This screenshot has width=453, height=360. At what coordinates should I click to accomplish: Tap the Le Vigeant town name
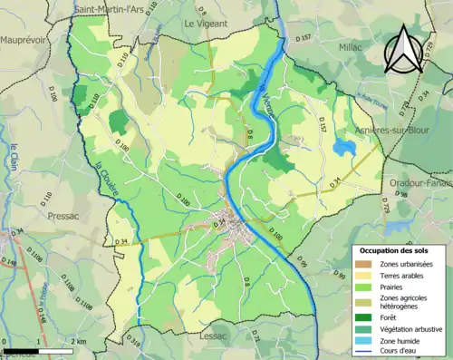[205, 23]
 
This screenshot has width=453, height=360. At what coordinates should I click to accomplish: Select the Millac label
[351, 44]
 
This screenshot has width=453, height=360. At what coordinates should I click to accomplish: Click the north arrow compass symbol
[404, 50]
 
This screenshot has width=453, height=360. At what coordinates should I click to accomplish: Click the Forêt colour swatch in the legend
[362, 316]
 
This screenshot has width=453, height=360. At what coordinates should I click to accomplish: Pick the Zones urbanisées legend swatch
[362, 263]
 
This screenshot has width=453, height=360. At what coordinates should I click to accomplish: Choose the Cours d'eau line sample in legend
[362, 353]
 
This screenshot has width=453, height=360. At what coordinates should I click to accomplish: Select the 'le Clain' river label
[14, 160]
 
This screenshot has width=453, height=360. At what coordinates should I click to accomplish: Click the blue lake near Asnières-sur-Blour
[343, 148]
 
